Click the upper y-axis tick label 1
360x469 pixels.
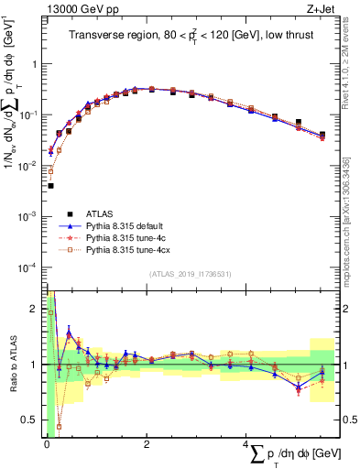click(38, 65)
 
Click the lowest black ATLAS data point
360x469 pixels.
click(50, 185)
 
